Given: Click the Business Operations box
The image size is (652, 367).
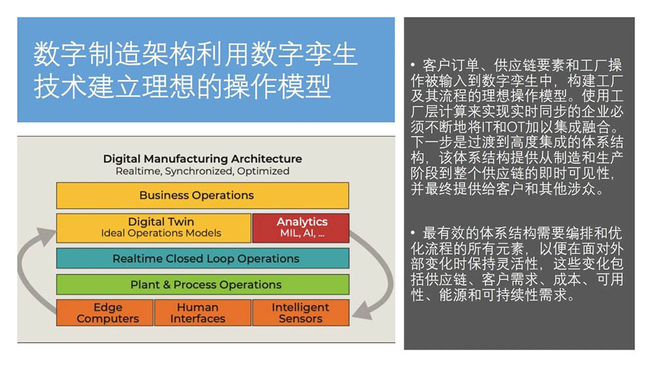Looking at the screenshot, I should pyautogui.click(x=202, y=195).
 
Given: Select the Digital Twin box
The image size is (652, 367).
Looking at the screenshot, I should pyautogui.click(x=154, y=228).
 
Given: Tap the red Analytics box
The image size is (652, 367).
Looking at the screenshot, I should pyautogui.click(x=301, y=228).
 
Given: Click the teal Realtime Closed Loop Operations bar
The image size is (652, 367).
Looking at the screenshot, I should pyautogui.click(x=202, y=258).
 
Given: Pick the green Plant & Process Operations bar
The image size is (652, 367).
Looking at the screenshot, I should pyautogui.click(x=202, y=284).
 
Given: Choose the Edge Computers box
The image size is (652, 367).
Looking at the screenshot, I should pyautogui.click(x=105, y=313).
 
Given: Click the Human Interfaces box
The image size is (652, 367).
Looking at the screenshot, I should pyautogui.click(x=202, y=313).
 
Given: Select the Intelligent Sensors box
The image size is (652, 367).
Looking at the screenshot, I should pyautogui.click(x=301, y=313).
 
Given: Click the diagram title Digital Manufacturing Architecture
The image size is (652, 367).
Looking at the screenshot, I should pyautogui.click(x=202, y=159).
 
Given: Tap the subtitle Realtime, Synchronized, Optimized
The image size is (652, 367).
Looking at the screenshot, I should pyautogui.click(x=202, y=171).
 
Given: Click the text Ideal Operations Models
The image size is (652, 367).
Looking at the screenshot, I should pyautogui.click(x=161, y=233).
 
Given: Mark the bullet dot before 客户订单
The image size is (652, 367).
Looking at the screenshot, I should pyautogui.click(x=413, y=66).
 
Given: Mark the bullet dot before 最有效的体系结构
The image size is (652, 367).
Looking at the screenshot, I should pyautogui.click(x=413, y=233).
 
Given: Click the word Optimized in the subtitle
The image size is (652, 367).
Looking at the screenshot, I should pyautogui.click(x=263, y=171).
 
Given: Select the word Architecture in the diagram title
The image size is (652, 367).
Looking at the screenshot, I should pyautogui.click(x=267, y=159).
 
